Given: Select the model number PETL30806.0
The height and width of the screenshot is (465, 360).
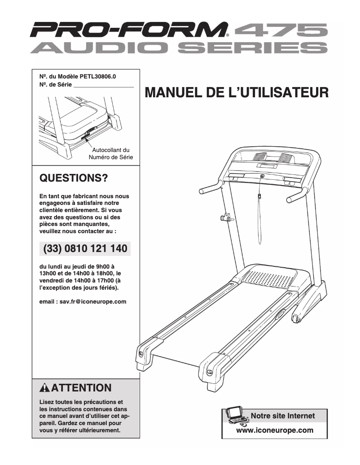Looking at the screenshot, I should tap(101, 76).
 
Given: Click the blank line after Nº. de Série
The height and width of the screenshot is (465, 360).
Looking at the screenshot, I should tap(103, 85).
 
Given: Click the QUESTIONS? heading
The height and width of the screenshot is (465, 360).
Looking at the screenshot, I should tap(74, 178).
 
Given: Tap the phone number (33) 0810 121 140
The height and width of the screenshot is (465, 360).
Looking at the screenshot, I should tap(85, 248).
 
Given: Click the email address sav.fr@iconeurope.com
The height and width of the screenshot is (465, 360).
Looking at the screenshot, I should tap(83, 302).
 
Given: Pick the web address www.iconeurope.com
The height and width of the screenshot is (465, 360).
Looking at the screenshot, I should tap(274, 430).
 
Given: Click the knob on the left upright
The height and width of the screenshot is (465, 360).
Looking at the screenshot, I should tap(225, 219).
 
